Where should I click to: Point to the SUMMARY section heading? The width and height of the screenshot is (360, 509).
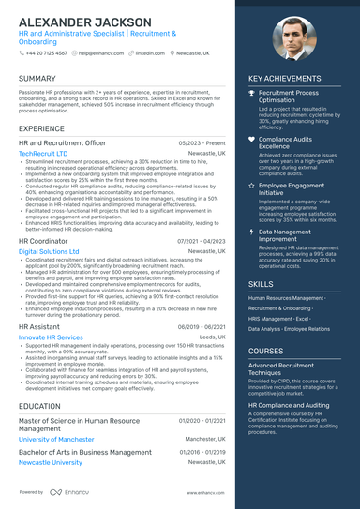37,79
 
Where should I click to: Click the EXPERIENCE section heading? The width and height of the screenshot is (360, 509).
42,127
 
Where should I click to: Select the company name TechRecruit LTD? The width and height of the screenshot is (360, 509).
43,153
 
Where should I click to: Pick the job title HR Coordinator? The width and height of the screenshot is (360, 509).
43,241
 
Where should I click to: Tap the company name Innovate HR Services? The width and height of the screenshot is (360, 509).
51,337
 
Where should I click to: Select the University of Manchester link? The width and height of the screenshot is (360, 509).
56,439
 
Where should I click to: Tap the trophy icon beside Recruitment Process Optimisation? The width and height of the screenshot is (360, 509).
251,95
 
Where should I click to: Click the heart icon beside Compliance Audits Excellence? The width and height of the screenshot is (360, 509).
251,139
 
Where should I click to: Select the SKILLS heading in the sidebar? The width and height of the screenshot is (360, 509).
262,282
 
